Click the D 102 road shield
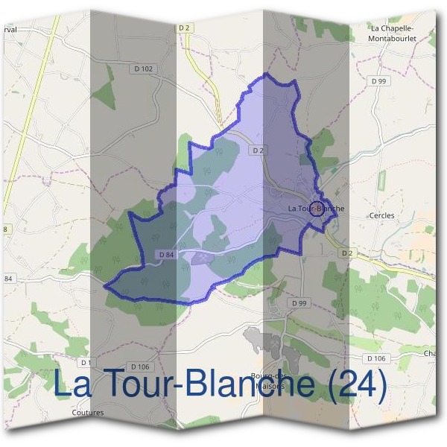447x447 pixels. [146, 69]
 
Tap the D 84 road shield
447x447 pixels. [166, 255]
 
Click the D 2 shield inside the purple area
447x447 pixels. [258, 150]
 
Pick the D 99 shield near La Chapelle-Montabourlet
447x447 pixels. [379, 81]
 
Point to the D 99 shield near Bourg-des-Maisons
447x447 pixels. [299, 303]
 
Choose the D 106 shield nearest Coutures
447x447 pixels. [140, 367]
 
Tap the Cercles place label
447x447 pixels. [381, 216]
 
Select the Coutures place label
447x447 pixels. [88, 412]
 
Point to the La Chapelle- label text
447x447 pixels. [392, 28]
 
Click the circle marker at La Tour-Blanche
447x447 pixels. [317, 208]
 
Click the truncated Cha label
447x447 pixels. [429, 353]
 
